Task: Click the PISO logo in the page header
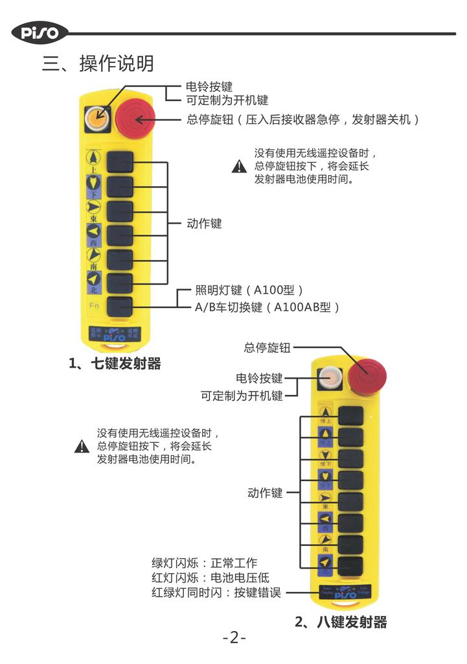(40, 32)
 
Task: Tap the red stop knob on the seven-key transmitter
(135, 119)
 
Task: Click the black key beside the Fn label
(120, 307)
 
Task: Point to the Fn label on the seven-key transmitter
(95, 305)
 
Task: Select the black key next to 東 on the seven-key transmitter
(120, 211)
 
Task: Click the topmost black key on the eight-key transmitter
(350, 416)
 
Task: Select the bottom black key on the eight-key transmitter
(350, 563)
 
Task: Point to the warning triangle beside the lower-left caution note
(82, 446)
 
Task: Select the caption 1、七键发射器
(115, 364)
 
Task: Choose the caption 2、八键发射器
(341, 622)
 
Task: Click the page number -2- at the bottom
(234, 638)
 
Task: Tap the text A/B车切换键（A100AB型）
(268, 307)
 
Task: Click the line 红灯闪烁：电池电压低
(210, 578)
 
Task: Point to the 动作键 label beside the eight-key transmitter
(265, 493)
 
